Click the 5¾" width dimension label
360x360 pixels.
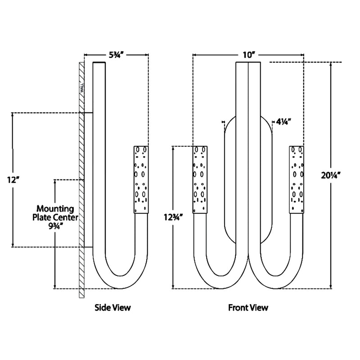coord(116,55)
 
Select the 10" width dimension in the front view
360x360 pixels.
coord(248,55)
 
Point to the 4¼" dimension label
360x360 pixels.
coord(284,121)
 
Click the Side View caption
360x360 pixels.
coord(112,308)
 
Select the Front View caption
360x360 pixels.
coord(248,308)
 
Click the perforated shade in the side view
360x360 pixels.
coord(141,179)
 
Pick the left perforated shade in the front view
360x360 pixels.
coord(201,179)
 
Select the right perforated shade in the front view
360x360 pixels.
coord(296,179)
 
